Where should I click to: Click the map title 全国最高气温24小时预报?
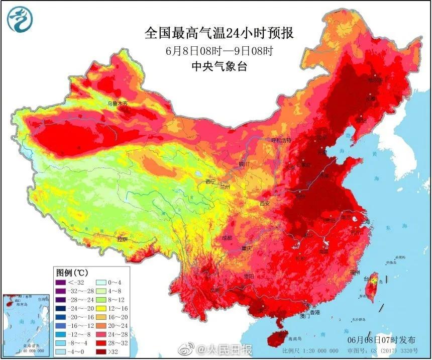click(219, 34)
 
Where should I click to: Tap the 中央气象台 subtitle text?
click(219, 66)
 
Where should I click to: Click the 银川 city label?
click(243, 164)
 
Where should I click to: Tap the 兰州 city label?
click(224, 187)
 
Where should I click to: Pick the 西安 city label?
click(265, 203)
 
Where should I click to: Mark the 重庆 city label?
click(246, 248)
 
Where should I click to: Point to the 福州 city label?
click(355, 272)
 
